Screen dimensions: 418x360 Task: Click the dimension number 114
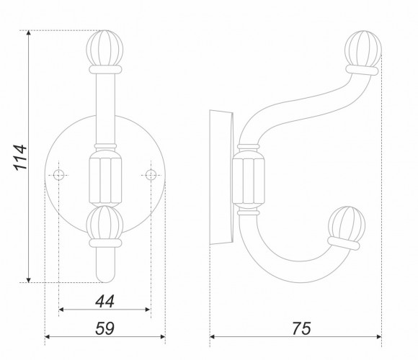pos(20,157)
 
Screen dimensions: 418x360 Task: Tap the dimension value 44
pos(104,301)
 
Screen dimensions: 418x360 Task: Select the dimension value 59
pos(104,328)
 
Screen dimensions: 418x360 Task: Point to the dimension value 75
pos(301,328)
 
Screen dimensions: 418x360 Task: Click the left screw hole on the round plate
pos(58,175)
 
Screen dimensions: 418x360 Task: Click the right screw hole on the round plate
pos(151,175)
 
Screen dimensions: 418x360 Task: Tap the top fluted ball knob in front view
pos(104,48)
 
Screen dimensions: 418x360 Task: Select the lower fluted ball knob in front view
pos(104,223)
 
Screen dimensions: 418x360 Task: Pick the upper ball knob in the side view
pos(363,49)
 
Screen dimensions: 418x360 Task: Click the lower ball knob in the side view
pos(347,224)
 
